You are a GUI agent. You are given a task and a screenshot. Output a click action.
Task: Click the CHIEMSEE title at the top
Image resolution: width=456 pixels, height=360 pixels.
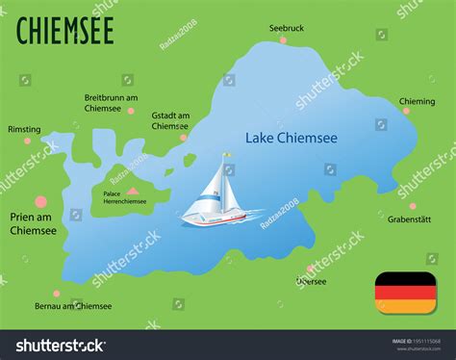65,30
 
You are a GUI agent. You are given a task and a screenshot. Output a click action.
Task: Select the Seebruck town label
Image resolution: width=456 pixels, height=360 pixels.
286,29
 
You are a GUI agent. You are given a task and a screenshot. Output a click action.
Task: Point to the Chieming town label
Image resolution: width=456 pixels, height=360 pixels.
417,99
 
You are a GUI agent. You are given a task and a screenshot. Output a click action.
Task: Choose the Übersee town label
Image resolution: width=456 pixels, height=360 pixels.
311,282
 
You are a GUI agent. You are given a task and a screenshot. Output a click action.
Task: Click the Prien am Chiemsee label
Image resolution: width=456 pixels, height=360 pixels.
33,224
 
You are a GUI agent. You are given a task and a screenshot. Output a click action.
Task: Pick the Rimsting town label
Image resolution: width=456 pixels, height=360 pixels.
23,129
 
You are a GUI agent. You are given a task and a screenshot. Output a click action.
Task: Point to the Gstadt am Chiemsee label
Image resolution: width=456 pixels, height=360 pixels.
170,120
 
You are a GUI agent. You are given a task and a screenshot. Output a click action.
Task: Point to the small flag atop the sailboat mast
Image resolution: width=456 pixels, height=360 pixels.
226,154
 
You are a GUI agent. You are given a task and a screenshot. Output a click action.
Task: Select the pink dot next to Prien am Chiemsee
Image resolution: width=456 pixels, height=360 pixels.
40,202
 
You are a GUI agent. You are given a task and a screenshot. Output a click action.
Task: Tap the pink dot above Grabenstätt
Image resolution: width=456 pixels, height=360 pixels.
412,205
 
